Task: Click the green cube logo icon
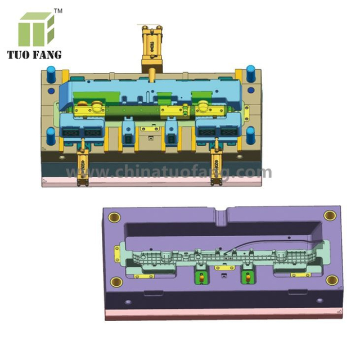pyautogui.click(x=36, y=29)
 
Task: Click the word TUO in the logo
pyautogui.click(x=18, y=55)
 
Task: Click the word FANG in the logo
pyautogui.click(x=47, y=55)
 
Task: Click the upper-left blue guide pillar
pyautogui.click(x=51, y=74)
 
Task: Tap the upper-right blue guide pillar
pyautogui.click(x=250, y=74)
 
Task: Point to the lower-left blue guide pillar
pyautogui.click(x=51, y=136)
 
